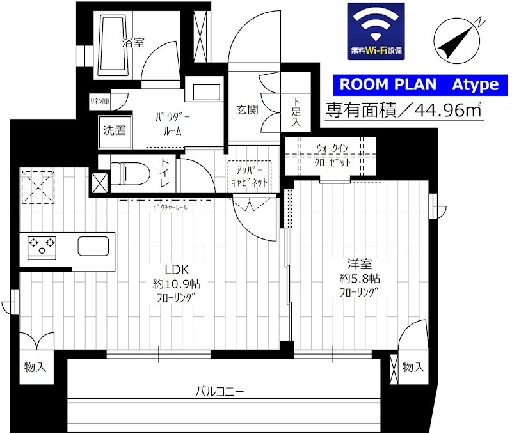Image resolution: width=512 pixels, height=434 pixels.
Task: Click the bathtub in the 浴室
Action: pos(114,45)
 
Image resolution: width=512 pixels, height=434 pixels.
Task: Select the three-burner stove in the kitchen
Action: pos(42,247)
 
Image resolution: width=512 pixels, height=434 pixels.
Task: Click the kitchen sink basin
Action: pos(93,246)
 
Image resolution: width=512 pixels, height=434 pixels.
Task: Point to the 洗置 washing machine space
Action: pos(115,130)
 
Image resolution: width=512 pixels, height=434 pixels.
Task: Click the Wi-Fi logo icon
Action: pos(376,31)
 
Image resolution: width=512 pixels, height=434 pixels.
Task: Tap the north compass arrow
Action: pos(457,42)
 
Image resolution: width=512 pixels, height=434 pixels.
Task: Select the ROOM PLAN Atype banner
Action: pos(420,85)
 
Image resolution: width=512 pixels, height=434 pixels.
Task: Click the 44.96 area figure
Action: pos(440,111)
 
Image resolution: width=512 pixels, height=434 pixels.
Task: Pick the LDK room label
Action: pos(177,270)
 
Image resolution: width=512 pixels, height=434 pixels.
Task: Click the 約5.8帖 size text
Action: pos(360,279)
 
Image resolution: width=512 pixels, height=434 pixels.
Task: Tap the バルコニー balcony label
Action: pos(220,391)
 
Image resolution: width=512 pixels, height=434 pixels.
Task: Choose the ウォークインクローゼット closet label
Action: pos(332,155)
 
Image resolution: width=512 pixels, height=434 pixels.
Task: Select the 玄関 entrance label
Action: pos(247,110)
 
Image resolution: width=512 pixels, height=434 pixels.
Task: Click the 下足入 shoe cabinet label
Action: pos(296,111)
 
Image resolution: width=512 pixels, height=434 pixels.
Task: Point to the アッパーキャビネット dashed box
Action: pos(250,176)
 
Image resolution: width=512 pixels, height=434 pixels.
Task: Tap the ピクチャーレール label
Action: pos(170,207)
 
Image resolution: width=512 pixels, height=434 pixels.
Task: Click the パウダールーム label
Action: pos(172,124)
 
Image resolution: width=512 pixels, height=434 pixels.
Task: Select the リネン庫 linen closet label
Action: pos(100,101)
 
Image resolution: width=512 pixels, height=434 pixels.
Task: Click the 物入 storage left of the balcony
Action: pos(35,368)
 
